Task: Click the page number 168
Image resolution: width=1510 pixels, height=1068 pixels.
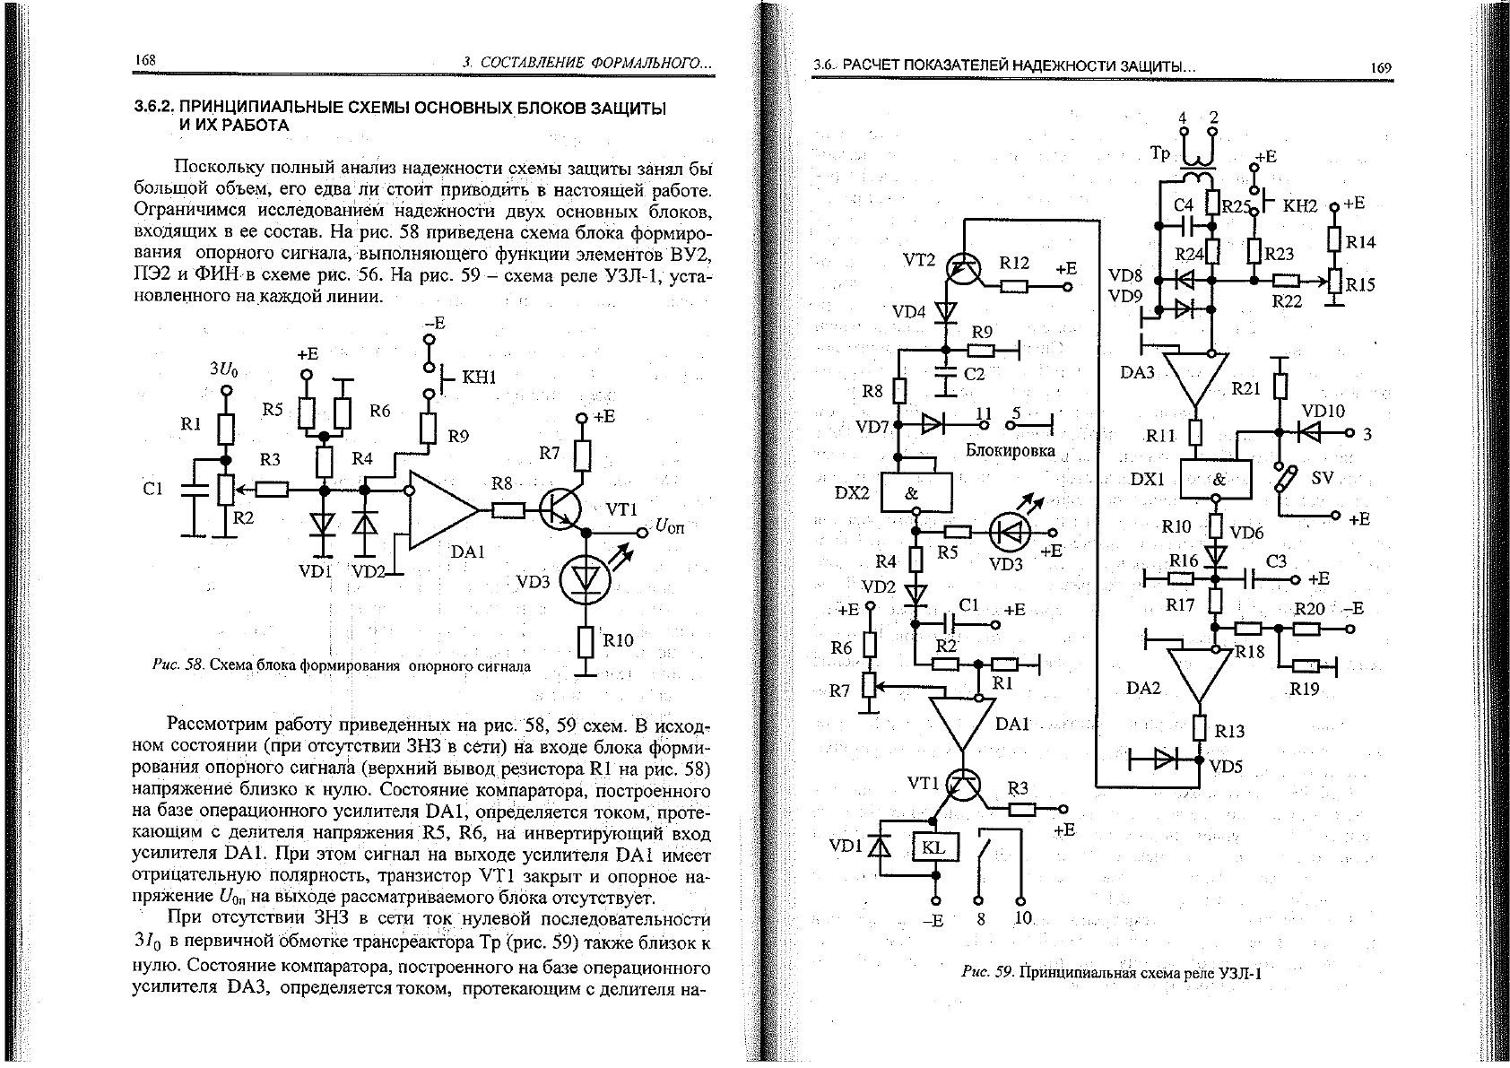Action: tap(145, 60)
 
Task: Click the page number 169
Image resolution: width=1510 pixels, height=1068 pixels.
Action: tap(1381, 67)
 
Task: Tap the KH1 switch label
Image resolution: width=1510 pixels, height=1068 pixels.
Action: tap(479, 377)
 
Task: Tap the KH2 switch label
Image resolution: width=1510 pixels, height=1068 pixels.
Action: tap(1299, 205)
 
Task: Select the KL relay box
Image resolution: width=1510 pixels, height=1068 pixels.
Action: tap(934, 847)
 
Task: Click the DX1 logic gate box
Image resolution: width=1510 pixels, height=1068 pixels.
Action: tap(1216, 479)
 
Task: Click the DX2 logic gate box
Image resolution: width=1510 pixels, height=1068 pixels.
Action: tap(916, 492)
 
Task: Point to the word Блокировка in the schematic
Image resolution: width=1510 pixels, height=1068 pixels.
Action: tap(1010, 450)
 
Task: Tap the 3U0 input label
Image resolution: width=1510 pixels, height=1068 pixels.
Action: tap(223, 369)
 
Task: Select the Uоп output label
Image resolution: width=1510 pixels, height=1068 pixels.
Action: tap(670, 526)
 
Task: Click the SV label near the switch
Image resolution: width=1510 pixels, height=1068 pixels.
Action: tap(1323, 478)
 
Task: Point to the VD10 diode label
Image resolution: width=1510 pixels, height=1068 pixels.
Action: tap(1323, 411)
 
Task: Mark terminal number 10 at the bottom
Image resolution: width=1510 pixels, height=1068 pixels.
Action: tap(1022, 917)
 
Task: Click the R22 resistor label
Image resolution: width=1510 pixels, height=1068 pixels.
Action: tap(1286, 301)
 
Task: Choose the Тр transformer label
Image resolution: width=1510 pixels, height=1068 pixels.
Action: tap(1159, 154)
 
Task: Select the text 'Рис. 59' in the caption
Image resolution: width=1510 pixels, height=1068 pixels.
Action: tap(987, 971)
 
